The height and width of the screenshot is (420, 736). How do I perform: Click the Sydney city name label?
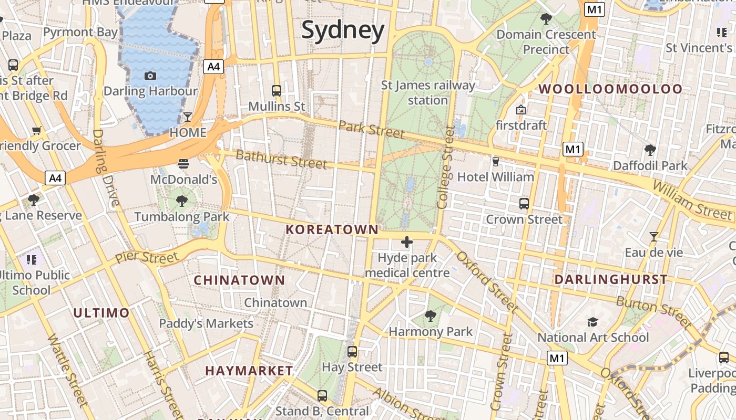coord(343,30)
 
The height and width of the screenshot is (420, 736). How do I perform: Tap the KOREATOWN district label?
coord(332,229)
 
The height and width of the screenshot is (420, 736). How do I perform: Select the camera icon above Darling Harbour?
coord(150,76)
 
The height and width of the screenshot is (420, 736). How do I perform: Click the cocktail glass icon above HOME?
coord(188,117)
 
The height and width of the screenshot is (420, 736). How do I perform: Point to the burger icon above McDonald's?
coord(183,164)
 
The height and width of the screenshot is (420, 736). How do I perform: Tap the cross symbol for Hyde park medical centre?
coord(407,242)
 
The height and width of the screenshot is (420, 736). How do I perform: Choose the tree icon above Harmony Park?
coord(431,316)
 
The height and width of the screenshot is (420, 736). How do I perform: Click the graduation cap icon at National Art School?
coord(593,322)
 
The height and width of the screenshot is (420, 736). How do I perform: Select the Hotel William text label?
coord(496,177)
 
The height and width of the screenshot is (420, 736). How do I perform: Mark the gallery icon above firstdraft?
coord(521,110)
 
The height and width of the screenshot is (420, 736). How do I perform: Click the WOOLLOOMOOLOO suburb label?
coord(610,89)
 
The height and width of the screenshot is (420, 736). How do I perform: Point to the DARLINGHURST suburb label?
coord(611,279)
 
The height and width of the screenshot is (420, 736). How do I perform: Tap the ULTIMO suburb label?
coord(101,313)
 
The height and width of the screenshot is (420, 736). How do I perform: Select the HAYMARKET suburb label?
coord(249,371)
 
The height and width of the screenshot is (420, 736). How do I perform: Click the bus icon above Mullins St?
coord(277,90)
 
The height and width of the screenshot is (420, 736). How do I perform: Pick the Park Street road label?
coord(371,129)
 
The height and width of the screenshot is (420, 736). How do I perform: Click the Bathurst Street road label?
coord(281,159)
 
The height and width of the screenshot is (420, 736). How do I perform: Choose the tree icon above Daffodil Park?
coord(650,150)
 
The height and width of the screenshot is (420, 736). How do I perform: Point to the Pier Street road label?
coord(147,258)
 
